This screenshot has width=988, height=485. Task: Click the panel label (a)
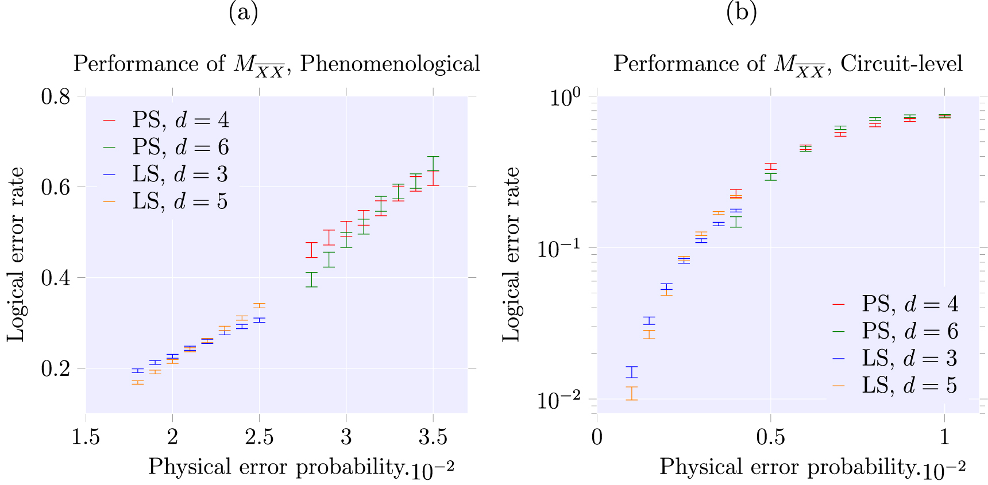[x=243, y=12]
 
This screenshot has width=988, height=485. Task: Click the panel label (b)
[x=741, y=12]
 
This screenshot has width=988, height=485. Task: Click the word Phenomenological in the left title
[x=390, y=64]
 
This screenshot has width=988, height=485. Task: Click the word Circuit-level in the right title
[x=901, y=64]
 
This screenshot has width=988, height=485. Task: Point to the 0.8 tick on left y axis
[x=56, y=96]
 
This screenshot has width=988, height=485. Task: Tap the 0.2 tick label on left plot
[x=56, y=368]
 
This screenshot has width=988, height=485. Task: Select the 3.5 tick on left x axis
[x=433, y=437]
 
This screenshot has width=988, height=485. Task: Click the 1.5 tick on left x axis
[x=86, y=437]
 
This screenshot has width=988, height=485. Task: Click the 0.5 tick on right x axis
[x=770, y=437]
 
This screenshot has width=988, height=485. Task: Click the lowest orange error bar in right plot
[x=632, y=393]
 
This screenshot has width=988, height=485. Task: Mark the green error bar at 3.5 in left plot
[x=433, y=164]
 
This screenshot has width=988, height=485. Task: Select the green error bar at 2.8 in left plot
[x=311, y=280]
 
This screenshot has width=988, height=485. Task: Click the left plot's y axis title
[x=16, y=254]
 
